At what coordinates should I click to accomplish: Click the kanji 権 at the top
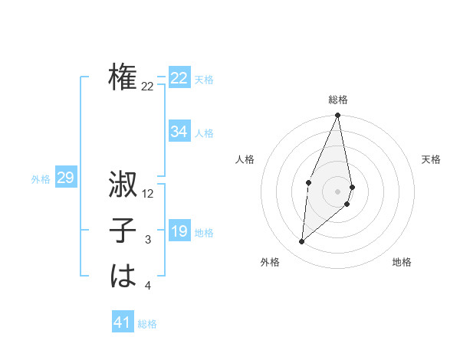(123, 78)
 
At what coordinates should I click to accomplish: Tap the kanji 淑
(123, 185)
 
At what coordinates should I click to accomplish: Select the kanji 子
(123, 231)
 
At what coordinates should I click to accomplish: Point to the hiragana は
(123, 277)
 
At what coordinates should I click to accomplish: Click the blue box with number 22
(179, 78)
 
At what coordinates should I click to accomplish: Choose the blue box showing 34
(179, 132)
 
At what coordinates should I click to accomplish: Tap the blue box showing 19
(179, 231)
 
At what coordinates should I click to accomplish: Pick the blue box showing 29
(65, 178)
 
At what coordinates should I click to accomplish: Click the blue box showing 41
(123, 322)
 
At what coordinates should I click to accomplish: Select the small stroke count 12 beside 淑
(148, 194)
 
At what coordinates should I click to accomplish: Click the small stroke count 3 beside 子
(148, 240)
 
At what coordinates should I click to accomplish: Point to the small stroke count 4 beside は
(148, 286)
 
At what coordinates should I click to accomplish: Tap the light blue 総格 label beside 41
(147, 324)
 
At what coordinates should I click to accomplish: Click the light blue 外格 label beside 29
(41, 179)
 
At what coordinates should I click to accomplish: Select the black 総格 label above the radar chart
(338, 100)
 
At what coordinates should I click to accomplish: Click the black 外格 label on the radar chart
(270, 262)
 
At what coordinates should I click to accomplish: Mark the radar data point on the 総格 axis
(337, 116)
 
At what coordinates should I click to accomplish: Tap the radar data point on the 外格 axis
(302, 242)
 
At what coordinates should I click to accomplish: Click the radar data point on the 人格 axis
(308, 182)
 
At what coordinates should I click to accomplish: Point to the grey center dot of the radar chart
(337, 191)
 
